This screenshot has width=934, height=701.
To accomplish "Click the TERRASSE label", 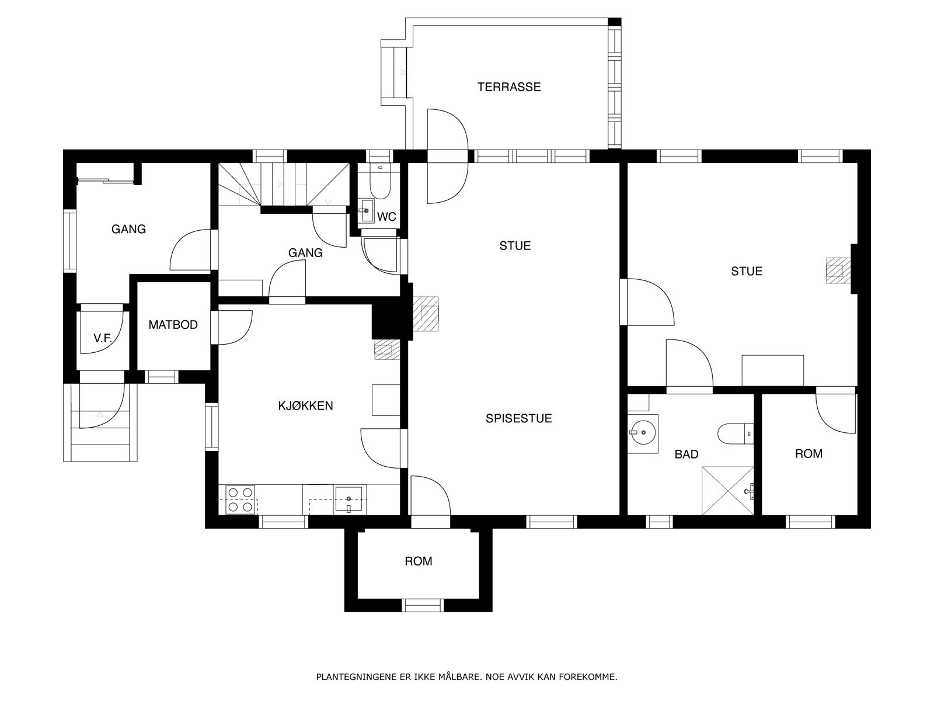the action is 509,87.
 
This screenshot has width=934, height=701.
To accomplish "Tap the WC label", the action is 386,217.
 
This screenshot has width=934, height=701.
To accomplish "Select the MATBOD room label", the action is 173,325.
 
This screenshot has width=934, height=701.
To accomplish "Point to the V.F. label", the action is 103,338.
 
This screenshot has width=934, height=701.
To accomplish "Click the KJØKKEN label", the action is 305,406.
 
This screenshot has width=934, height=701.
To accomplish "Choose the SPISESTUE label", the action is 519,418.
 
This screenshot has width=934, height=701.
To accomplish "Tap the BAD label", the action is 686,454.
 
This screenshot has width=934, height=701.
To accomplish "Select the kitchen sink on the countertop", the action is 349,499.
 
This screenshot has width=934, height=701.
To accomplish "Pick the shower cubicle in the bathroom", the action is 727,491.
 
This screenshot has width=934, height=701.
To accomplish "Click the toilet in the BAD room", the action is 736,433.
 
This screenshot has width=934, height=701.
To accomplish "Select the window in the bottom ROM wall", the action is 423,605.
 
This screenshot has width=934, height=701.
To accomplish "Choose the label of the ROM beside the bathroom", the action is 808,454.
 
